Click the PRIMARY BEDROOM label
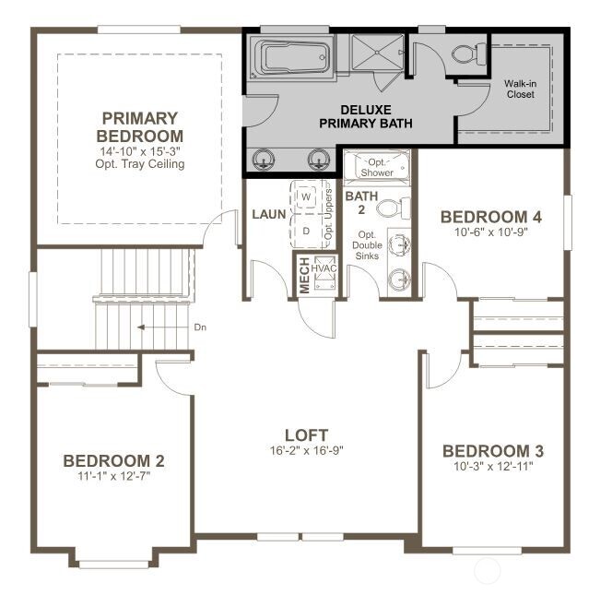coord(140,126)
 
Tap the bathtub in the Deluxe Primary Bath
coord(289,57)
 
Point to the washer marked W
coord(305,197)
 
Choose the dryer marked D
coord(305,230)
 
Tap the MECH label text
coord(304,275)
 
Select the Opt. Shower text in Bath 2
coord(377,167)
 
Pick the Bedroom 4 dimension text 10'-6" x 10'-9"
coord(489,233)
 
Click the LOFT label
coord(306,435)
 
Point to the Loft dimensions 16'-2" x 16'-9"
coord(306,451)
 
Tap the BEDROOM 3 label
coord(492,451)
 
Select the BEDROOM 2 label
coord(113,460)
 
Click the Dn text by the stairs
coord(200,327)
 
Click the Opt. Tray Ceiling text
coord(140,164)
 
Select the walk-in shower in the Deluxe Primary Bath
coord(375,54)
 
